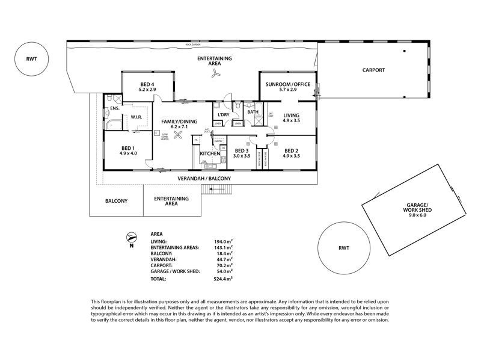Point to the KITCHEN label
pyautogui.click(x=210, y=154)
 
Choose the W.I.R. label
pyautogui.click(x=136, y=117)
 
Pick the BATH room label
pyautogui.click(x=253, y=111)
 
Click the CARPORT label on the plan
pyautogui.click(x=373, y=70)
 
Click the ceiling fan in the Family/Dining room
pyautogui.click(x=177, y=135)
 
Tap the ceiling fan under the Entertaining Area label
pyautogui.click(x=215, y=73)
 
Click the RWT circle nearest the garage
pyautogui.click(x=343, y=248)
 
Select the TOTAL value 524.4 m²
pyautogui.click(x=224, y=279)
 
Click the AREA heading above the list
pyautogui.click(x=158, y=233)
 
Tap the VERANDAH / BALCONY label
pyautogui.click(x=204, y=179)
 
